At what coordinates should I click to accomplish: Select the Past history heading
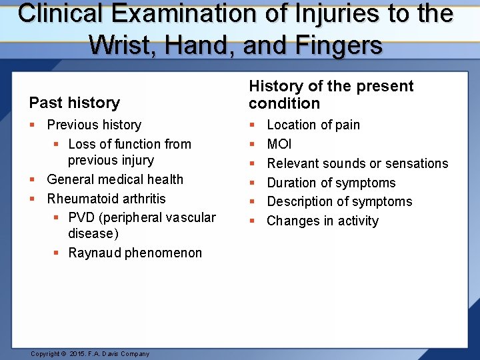coord(74,103)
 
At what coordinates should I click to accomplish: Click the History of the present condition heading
coord(331,95)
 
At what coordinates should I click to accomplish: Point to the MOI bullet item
coord(279,144)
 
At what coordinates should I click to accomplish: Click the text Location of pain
coord(313,125)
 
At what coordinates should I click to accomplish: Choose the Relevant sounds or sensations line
coord(357,163)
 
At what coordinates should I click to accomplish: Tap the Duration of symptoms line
coord(331,183)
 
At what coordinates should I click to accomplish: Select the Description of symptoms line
coord(339,201)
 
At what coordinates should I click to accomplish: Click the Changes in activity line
coord(322,221)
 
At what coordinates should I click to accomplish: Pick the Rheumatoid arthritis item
coord(106,199)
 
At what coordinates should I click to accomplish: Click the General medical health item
coord(115,179)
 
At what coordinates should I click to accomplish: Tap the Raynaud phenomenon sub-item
coord(135,253)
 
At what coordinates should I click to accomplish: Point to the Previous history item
coord(94,125)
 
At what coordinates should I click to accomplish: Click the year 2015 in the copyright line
coord(78,354)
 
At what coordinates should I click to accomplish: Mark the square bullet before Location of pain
coord(251,125)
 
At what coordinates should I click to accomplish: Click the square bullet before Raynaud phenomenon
coord(55,253)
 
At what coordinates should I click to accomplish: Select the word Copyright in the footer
coord(45,354)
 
